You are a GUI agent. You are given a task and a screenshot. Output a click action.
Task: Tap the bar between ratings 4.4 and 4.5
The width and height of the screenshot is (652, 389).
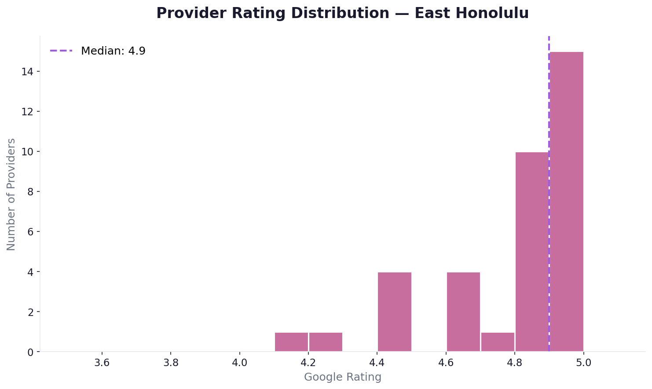pyautogui.click(x=395, y=312)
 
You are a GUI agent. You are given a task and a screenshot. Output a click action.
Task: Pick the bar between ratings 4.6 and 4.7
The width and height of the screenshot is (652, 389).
pyautogui.click(x=463, y=312)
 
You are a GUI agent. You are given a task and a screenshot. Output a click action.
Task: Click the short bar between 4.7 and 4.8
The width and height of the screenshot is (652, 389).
pyautogui.click(x=498, y=342)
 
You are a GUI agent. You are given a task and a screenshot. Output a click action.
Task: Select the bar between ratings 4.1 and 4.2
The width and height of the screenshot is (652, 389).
pyautogui.click(x=291, y=342)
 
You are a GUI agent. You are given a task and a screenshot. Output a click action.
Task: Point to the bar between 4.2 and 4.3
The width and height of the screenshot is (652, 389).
pyautogui.click(x=326, y=342)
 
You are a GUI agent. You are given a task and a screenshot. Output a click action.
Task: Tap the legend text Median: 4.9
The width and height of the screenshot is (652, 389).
pyautogui.click(x=113, y=51)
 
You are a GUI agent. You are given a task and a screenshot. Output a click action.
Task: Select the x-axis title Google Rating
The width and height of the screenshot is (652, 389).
pyautogui.click(x=343, y=377)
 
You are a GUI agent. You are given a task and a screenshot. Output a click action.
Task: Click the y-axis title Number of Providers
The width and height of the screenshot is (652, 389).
pyautogui.click(x=11, y=194)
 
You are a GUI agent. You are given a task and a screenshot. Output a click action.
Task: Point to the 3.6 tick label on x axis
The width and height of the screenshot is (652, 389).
pyautogui.click(x=102, y=363)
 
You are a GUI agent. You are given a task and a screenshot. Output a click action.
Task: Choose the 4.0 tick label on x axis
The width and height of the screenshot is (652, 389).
pyautogui.click(x=239, y=363)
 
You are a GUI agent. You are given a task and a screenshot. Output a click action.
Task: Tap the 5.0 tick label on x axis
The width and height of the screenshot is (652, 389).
pyautogui.click(x=583, y=363)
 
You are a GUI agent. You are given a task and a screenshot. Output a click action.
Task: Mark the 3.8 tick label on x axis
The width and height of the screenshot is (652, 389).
pyautogui.click(x=171, y=363)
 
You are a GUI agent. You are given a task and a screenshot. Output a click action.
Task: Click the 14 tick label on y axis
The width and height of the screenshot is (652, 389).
pyautogui.click(x=27, y=71)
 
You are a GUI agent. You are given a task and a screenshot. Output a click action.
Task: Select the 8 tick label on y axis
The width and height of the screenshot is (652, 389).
pyautogui.click(x=30, y=191)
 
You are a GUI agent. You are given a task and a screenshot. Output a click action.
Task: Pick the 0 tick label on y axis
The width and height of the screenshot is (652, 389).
pyautogui.click(x=30, y=352)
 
